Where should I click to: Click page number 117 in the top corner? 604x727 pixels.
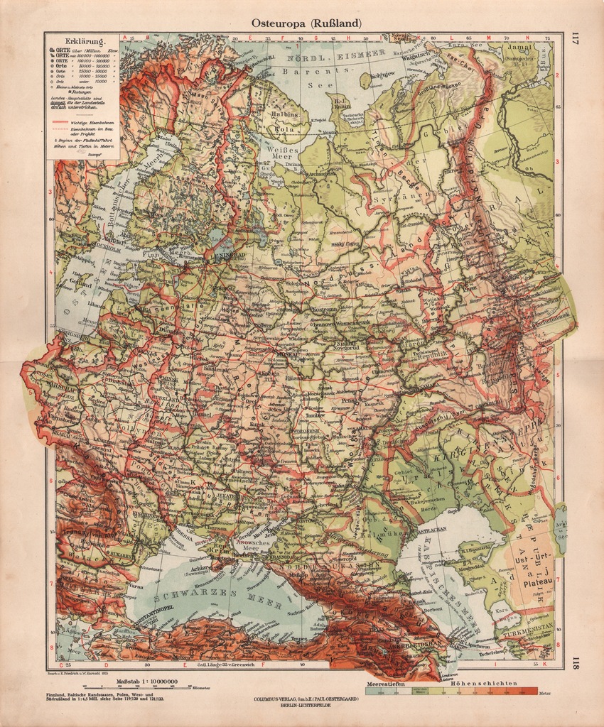(x=575, y=38)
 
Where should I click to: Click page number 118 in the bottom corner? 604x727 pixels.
(x=575, y=664)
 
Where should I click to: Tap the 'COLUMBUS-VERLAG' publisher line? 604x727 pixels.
(x=306, y=699)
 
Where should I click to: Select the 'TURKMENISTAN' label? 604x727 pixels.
(x=530, y=629)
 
